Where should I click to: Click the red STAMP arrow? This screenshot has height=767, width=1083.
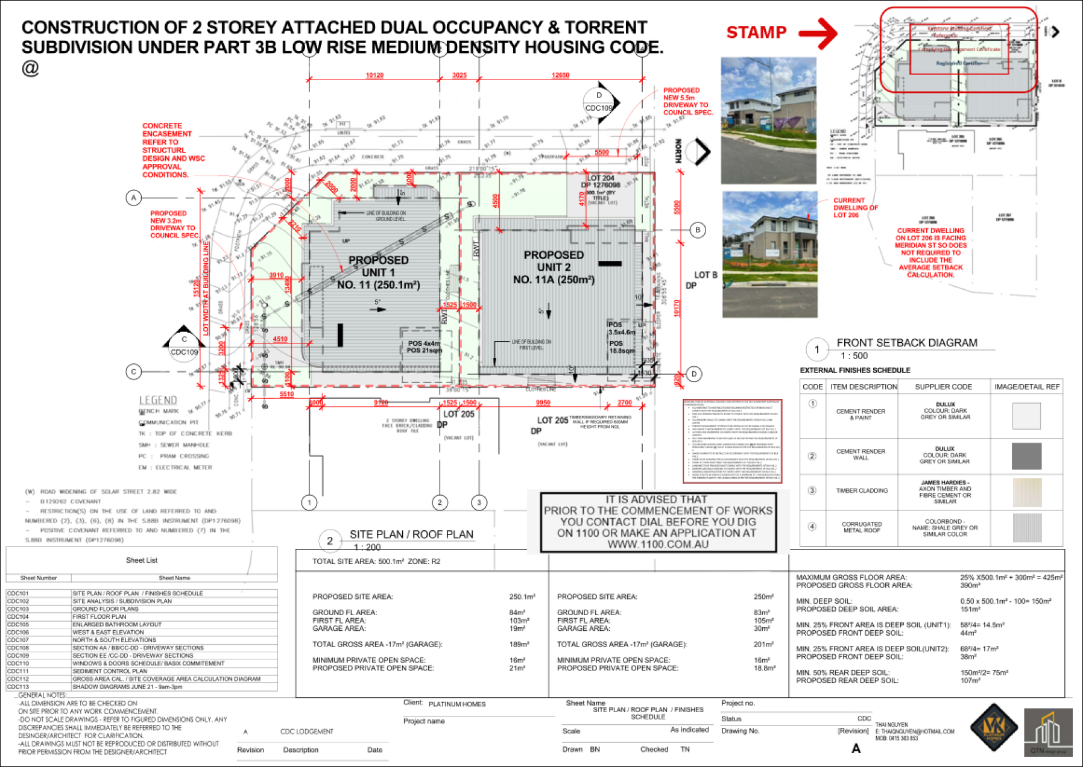click(819, 33)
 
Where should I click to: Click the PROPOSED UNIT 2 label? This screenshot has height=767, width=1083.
click(554, 267)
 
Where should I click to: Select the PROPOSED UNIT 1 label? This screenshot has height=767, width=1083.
click(379, 272)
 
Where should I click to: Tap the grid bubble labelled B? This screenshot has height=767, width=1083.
click(698, 230)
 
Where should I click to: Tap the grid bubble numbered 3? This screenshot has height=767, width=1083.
click(479, 502)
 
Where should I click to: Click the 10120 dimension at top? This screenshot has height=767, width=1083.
click(374, 75)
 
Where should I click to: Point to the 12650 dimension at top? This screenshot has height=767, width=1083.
click(560, 75)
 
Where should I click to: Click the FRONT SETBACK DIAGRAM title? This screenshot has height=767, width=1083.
click(906, 343)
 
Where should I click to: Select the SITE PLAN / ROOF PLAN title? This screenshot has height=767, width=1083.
click(411, 534)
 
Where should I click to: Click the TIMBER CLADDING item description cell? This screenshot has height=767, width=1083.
click(862, 491)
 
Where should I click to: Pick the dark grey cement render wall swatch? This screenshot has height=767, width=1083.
click(1026, 456)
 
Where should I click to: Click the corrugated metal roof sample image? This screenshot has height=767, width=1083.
click(1026, 528)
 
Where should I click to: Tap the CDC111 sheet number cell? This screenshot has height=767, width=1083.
click(18, 671)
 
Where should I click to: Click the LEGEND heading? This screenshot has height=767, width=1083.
click(158, 400)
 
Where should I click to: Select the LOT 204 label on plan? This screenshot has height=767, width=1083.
click(601, 178)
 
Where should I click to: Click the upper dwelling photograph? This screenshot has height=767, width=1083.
click(768, 121)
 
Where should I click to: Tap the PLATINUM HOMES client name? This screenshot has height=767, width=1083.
click(456, 704)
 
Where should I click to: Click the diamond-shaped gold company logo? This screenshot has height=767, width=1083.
click(993, 728)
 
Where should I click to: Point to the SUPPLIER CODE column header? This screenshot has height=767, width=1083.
click(943, 387)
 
